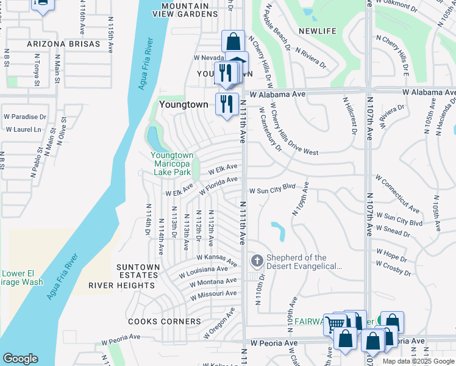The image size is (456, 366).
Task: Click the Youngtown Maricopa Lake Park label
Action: click(172, 163)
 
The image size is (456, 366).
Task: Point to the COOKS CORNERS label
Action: click(164, 321)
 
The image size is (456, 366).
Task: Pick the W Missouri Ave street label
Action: click(213, 294)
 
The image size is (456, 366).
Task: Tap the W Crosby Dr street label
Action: click(393, 267)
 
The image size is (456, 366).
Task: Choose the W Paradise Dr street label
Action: click(25, 117)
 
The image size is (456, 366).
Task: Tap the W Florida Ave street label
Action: click(218, 184)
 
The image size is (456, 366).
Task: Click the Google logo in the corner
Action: click(20, 359)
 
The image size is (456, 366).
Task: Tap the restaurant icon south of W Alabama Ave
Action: click(226, 104)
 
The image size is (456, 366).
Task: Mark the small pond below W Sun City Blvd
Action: click(278, 231)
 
